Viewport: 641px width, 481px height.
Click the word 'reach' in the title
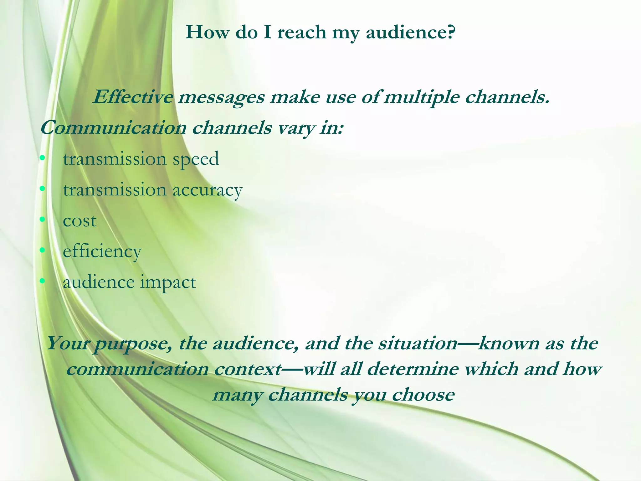click(x=302, y=32)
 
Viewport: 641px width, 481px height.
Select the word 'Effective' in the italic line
click(x=132, y=97)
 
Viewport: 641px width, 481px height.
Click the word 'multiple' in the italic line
click(x=421, y=98)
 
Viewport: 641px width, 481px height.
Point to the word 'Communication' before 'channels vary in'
click(x=113, y=128)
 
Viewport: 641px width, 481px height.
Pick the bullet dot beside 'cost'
click(x=43, y=220)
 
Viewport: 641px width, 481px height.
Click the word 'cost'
click(x=79, y=221)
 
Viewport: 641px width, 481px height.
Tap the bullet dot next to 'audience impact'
click(x=43, y=282)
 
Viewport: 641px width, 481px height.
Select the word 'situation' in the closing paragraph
click(x=418, y=344)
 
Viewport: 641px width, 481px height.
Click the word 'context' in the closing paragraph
click(x=248, y=370)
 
